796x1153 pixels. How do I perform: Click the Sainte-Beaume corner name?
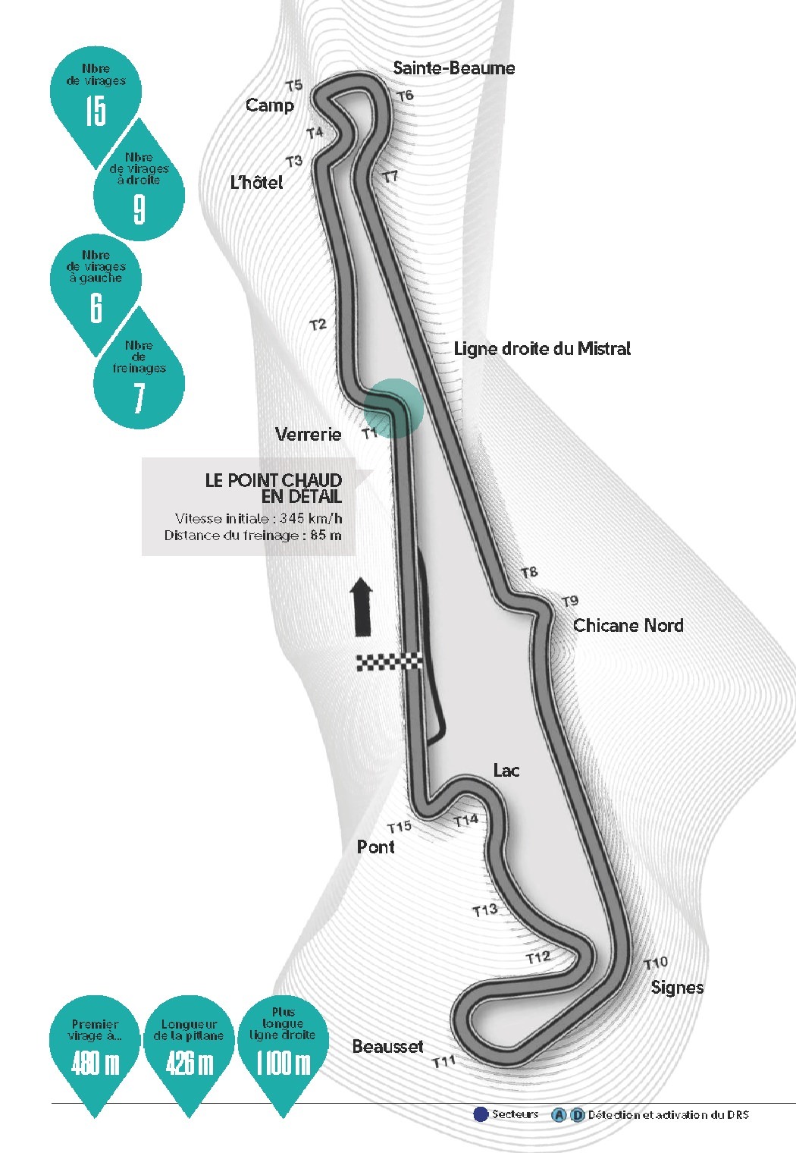454,68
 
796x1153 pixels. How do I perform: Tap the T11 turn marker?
443,1062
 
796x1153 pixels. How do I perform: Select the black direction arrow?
361,607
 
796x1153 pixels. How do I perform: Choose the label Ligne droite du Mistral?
542,349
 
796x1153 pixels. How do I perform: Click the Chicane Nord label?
628,625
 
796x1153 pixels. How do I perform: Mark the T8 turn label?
529,573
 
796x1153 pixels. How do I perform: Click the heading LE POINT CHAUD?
273,480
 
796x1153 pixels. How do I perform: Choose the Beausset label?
388,1047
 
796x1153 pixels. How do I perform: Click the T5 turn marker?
294,86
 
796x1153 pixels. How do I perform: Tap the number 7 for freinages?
139,397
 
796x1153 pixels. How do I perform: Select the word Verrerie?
309,435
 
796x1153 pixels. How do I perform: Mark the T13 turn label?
485,910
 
